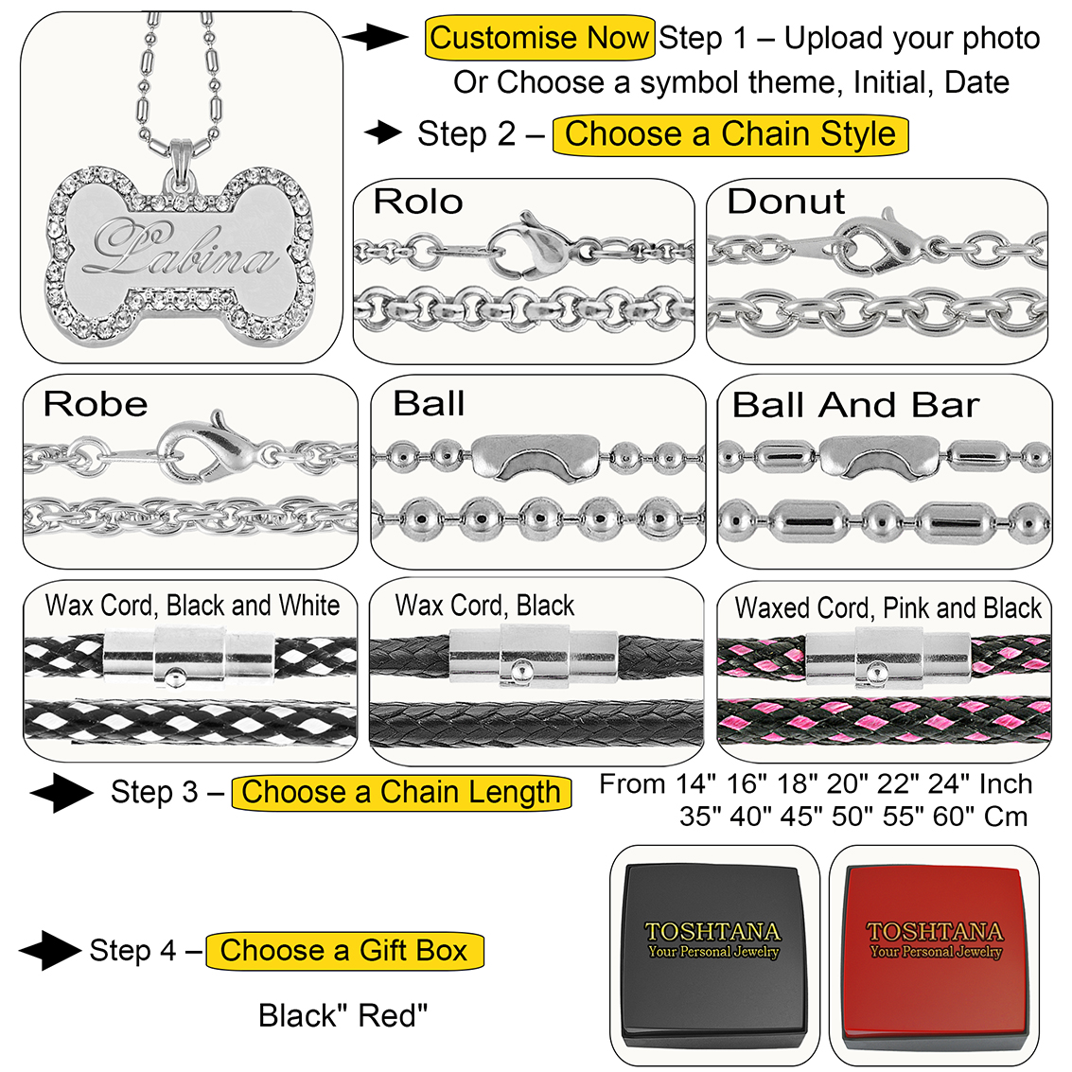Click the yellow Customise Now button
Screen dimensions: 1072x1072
click(x=539, y=39)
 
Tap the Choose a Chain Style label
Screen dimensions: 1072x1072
click(x=729, y=133)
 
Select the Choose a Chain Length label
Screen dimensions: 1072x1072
click(x=401, y=792)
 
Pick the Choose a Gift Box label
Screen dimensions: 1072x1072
click(x=344, y=950)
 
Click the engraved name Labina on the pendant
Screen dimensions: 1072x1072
click(x=179, y=250)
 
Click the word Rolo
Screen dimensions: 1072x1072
click(x=418, y=202)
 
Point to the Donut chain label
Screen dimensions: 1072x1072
click(x=785, y=202)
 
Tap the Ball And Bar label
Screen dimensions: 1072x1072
click(x=855, y=405)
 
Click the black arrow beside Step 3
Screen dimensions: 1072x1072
click(x=62, y=792)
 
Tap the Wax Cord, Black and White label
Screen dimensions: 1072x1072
click(x=192, y=606)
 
